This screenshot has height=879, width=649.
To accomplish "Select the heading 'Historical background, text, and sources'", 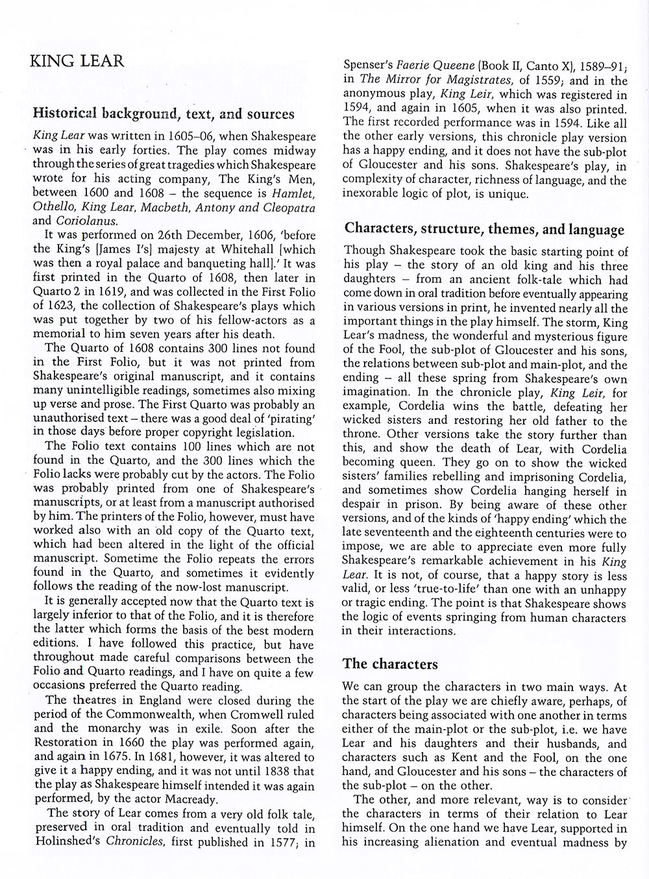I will click(163, 114).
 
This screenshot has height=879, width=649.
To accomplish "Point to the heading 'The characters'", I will click(390, 663).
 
